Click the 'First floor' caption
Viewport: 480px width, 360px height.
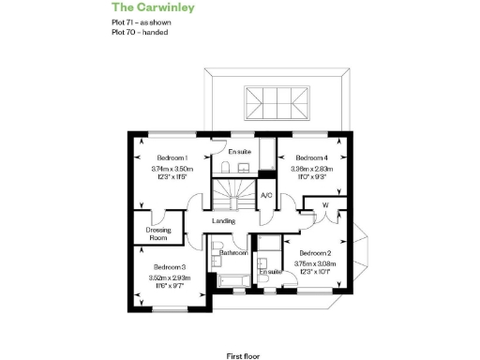[243, 330]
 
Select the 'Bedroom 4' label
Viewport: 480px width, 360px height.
[311, 157]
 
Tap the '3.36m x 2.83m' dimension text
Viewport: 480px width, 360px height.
[311, 169]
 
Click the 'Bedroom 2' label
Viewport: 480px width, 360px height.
[315, 253]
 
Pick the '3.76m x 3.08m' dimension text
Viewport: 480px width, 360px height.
[315, 264]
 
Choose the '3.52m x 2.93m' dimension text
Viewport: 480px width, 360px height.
[170, 278]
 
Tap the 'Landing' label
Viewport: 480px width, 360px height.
[224, 220]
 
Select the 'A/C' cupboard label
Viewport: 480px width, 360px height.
[266, 195]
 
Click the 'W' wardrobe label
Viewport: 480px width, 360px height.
[325, 205]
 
